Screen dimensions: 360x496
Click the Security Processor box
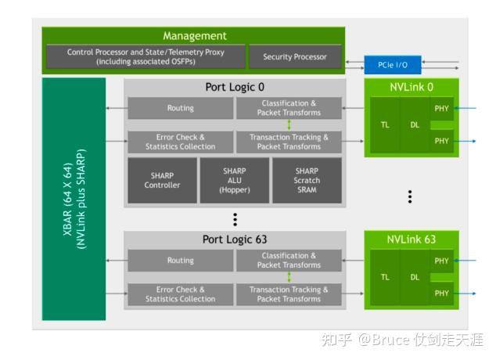coord(294,57)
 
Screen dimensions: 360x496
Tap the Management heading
coord(194,36)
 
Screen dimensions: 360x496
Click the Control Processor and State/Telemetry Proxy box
coord(146,57)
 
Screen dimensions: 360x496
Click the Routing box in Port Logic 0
coord(180,108)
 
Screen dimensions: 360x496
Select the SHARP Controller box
coord(162,180)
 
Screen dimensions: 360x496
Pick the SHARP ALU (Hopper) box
coord(234,180)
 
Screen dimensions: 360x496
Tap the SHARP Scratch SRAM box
coord(307,180)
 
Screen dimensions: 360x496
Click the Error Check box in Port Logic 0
coord(180,142)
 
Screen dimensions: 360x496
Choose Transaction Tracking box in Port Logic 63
coord(289,294)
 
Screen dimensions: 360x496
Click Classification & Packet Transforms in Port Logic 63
coord(289,261)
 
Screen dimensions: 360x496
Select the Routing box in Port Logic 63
coord(180,261)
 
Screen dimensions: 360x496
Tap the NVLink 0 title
coord(412,87)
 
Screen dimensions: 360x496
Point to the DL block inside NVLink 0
coord(415,124)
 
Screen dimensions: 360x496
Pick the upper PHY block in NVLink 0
coord(441,108)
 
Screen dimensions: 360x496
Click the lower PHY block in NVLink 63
coord(441,293)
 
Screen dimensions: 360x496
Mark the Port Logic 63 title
coord(235,239)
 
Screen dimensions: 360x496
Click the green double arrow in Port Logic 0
coord(289,124)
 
